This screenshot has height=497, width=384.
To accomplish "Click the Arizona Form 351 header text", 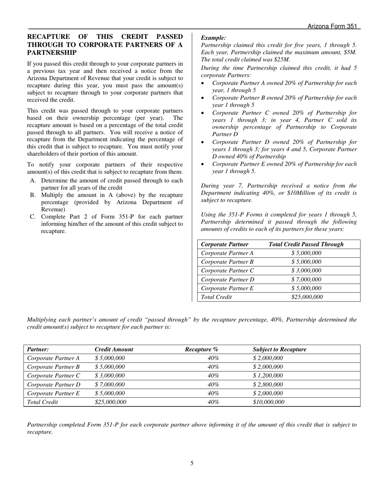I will [x=332, y=26].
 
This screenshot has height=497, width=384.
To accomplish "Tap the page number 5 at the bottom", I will [x=192, y=463].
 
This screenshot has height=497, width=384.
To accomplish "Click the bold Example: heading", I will [x=213, y=38].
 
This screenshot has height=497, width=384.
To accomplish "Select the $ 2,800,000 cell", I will [x=268, y=385].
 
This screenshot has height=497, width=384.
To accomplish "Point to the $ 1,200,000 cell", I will [x=268, y=376].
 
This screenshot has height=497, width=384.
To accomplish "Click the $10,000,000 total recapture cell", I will [x=268, y=402].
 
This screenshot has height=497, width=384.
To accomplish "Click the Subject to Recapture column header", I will [x=279, y=350].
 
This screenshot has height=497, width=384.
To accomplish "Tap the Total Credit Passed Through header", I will [x=306, y=244].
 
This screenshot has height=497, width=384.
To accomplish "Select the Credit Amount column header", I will [x=114, y=350].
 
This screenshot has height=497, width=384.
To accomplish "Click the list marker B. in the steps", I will [x=33, y=195].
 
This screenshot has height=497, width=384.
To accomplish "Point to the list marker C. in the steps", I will [x=33, y=217].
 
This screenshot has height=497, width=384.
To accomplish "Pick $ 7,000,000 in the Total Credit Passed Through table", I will [x=306, y=280].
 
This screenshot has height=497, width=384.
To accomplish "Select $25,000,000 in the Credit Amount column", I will [x=110, y=402].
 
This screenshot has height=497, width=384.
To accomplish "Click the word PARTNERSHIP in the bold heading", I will [x=52, y=53].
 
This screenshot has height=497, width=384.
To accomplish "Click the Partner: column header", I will [x=38, y=350].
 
